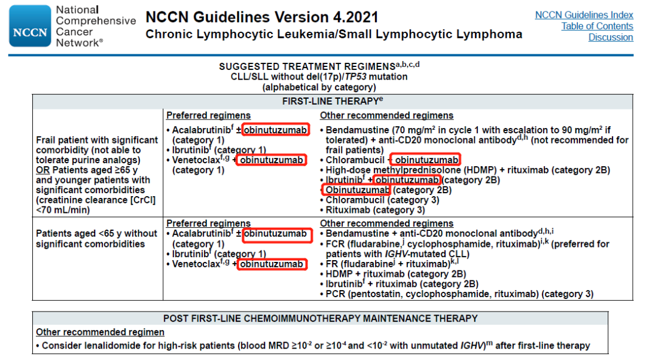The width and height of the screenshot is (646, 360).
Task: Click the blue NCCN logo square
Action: point(30,26)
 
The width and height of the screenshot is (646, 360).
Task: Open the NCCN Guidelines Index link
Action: point(584,15)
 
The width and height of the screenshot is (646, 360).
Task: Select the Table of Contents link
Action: point(597,26)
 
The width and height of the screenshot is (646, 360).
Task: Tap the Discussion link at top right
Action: point(610,37)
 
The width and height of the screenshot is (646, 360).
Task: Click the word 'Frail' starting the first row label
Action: point(48,140)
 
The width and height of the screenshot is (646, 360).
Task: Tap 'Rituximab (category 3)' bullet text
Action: point(375,210)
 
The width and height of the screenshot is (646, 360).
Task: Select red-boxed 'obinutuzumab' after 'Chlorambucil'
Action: point(427,160)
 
